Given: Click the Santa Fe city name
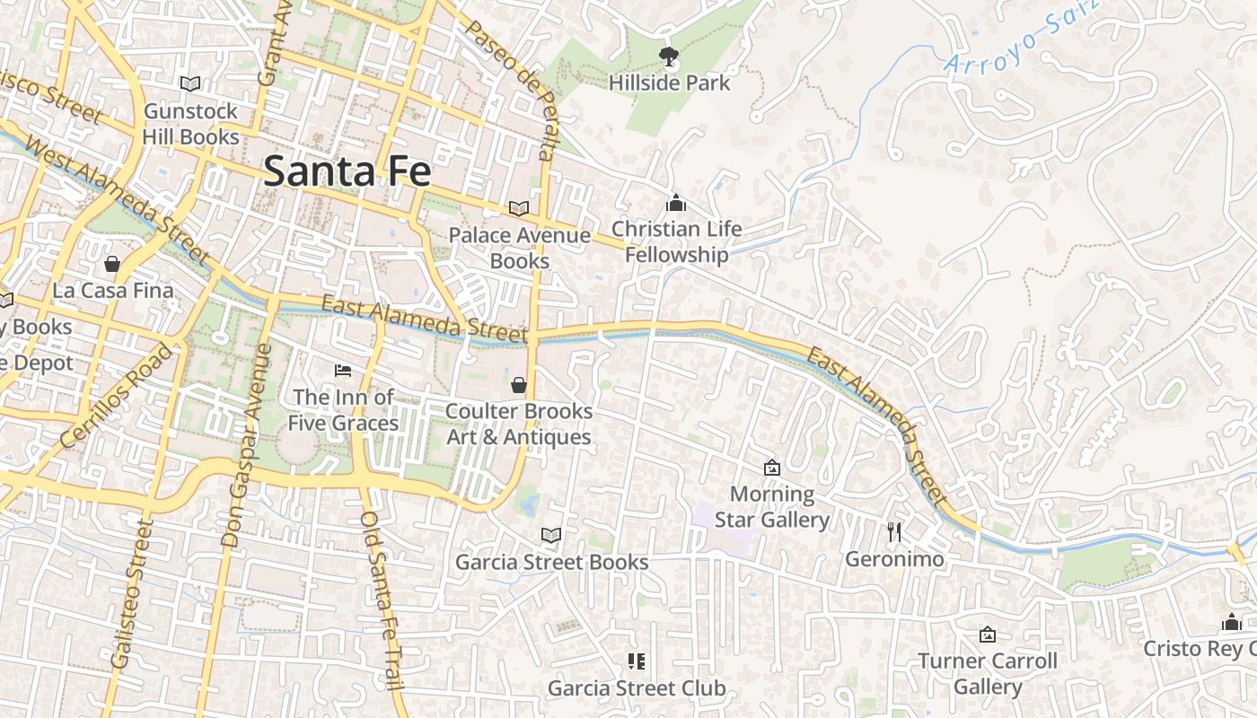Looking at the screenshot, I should tap(347, 171).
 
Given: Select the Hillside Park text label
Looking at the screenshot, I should tap(669, 83).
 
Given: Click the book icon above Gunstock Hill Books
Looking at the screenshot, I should tap(190, 83).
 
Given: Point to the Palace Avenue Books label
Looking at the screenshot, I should tap(519, 248).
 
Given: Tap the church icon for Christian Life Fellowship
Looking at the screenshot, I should tap(676, 204).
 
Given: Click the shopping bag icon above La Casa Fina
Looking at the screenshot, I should tap(112, 264).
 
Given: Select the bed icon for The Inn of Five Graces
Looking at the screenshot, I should tap(343, 370).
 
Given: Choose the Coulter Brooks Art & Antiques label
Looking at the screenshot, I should tap(519, 424).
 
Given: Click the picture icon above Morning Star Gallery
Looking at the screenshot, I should tap(771, 468).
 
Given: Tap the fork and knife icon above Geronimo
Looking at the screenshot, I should tap(894, 532).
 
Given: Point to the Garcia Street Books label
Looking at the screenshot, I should tap(551, 563).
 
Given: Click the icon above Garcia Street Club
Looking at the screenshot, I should tap(637, 661).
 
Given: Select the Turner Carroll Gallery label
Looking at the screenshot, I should tap(988, 674).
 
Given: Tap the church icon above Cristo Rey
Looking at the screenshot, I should tap(1232, 622).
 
